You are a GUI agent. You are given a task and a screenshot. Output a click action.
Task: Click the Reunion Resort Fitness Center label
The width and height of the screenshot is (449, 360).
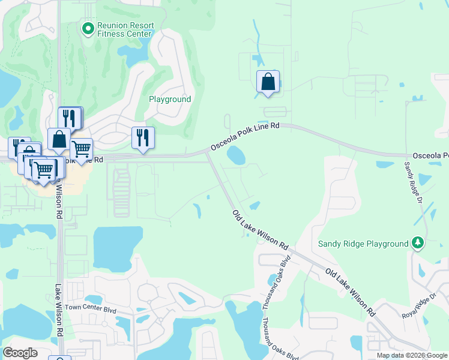coord(125,29)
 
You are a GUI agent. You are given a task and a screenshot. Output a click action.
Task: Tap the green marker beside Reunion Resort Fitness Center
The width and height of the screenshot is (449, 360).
coord(88,28)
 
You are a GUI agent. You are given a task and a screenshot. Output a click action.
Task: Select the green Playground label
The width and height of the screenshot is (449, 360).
coord(170,99)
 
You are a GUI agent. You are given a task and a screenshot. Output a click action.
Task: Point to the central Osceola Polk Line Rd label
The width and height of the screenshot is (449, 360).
coord(245,136)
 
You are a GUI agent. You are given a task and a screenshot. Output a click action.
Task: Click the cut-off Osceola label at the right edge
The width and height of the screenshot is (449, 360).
coord(429,155)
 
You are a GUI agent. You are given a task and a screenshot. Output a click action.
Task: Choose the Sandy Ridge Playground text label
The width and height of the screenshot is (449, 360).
coord(363,244)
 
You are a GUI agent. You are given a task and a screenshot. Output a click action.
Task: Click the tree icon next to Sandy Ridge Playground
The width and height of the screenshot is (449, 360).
coord(418,243)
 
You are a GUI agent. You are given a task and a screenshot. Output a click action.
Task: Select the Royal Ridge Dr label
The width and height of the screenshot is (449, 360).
coord(418,305)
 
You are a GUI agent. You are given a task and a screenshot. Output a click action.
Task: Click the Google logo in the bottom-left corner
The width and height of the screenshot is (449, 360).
coord(20,353)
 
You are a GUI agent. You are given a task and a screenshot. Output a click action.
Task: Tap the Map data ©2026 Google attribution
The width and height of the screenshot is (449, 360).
coord(412,355)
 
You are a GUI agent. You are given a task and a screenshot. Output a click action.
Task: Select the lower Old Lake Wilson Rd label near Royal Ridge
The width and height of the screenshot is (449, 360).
coord(351,292)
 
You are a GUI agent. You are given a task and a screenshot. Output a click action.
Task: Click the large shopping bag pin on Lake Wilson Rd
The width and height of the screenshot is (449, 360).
coord(59,139)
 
